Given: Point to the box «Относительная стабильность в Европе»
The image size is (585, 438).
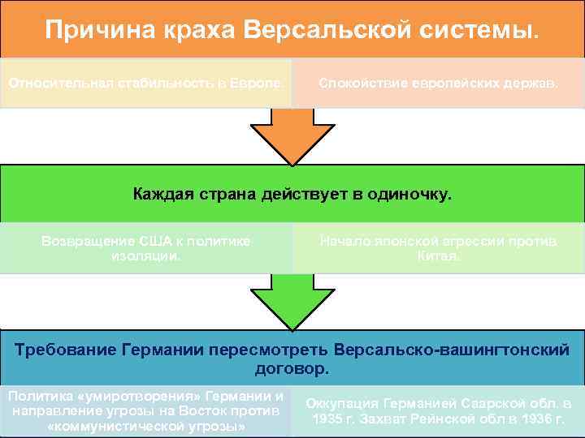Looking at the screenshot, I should [x=145, y=83].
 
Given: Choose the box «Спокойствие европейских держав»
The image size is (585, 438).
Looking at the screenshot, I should [x=438, y=83].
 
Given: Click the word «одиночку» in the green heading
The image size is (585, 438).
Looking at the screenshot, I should [x=409, y=195].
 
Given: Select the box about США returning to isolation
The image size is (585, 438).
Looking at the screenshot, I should [x=145, y=248].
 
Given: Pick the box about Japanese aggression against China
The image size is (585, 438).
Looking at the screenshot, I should [x=438, y=248].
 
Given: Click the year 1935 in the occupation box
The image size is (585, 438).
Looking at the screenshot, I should [x=327, y=419].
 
